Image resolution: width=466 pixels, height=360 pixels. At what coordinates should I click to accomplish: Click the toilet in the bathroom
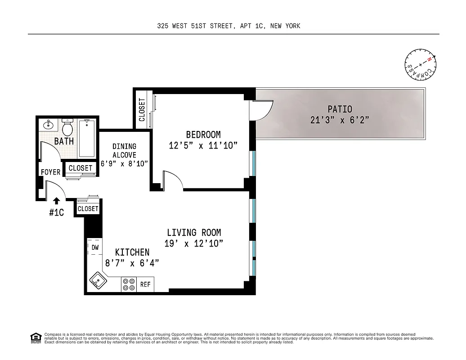point(67,129)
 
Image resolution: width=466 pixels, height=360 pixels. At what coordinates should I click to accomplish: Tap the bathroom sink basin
point(48,125)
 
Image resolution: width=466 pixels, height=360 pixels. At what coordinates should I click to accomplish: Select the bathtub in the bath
point(86,138)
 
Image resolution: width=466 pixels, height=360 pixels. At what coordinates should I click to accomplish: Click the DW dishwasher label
point(95,247)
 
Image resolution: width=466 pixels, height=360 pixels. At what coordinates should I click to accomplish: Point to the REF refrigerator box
point(145,284)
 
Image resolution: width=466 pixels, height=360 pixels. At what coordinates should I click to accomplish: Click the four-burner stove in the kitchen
point(129,284)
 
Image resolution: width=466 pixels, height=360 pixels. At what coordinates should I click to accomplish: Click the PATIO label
point(340,109)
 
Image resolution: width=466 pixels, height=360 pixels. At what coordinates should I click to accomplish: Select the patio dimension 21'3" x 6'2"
point(340,120)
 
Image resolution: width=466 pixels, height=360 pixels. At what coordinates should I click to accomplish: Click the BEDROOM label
point(203,135)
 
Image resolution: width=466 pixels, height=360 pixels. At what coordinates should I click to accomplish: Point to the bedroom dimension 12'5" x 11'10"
point(203,145)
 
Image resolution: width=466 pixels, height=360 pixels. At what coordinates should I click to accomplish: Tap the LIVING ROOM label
point(194,233)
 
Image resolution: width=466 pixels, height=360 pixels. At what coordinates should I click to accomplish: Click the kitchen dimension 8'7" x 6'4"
point(131,263)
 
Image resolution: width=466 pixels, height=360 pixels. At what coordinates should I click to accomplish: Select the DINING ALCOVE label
point(124,151)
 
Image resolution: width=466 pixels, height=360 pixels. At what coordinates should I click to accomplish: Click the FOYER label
point(50,172)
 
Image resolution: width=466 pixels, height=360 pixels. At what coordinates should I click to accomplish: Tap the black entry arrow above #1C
point(57,201)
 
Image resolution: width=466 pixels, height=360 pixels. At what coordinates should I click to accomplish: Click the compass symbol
point(420,64)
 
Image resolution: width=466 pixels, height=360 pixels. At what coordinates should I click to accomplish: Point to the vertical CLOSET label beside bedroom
point(142,110)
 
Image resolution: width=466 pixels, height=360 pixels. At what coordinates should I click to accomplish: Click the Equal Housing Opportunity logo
point(35,337)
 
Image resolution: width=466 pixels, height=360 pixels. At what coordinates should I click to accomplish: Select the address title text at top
point(229,26)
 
